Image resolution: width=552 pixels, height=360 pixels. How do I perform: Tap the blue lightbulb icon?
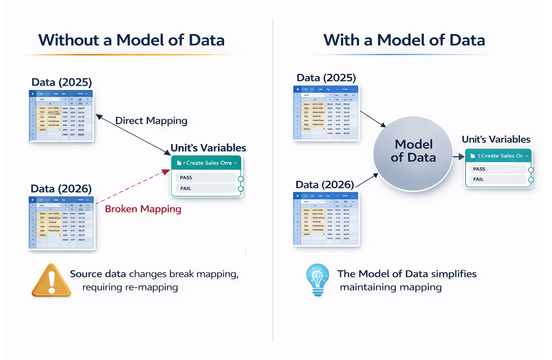tap(317, 279)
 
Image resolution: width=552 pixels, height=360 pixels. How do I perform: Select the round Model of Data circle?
tap(413, 154)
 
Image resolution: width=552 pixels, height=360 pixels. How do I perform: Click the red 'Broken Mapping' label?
tap(143, 209)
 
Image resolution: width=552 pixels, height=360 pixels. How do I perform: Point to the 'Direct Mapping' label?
tap(151, 121)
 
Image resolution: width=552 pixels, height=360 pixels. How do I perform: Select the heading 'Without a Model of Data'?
tap(131, 40)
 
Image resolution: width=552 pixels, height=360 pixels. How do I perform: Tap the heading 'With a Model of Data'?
tap(404, 40)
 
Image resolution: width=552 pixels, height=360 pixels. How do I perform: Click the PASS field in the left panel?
tap(205, 178)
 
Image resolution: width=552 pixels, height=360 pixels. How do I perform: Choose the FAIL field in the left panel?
tap(205, 188)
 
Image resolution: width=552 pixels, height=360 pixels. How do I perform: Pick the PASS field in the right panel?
tap(497, 169)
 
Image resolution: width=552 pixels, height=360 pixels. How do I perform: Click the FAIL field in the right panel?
tap(497, 179)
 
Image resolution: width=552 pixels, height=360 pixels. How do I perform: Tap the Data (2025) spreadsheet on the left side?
tap(61, 116)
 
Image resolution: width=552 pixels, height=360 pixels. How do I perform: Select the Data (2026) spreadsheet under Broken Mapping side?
tap(61, 223)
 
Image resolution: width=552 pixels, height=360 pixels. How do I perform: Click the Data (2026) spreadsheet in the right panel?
tap(326, 219)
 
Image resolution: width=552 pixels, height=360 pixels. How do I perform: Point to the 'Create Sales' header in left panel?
tap(206, 163)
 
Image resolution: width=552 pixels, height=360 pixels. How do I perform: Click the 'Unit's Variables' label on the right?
tap(496, 140)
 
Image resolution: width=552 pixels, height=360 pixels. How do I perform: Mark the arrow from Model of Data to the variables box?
tap(459, 156)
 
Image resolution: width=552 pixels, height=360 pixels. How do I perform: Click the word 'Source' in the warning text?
tap(86, 274)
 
